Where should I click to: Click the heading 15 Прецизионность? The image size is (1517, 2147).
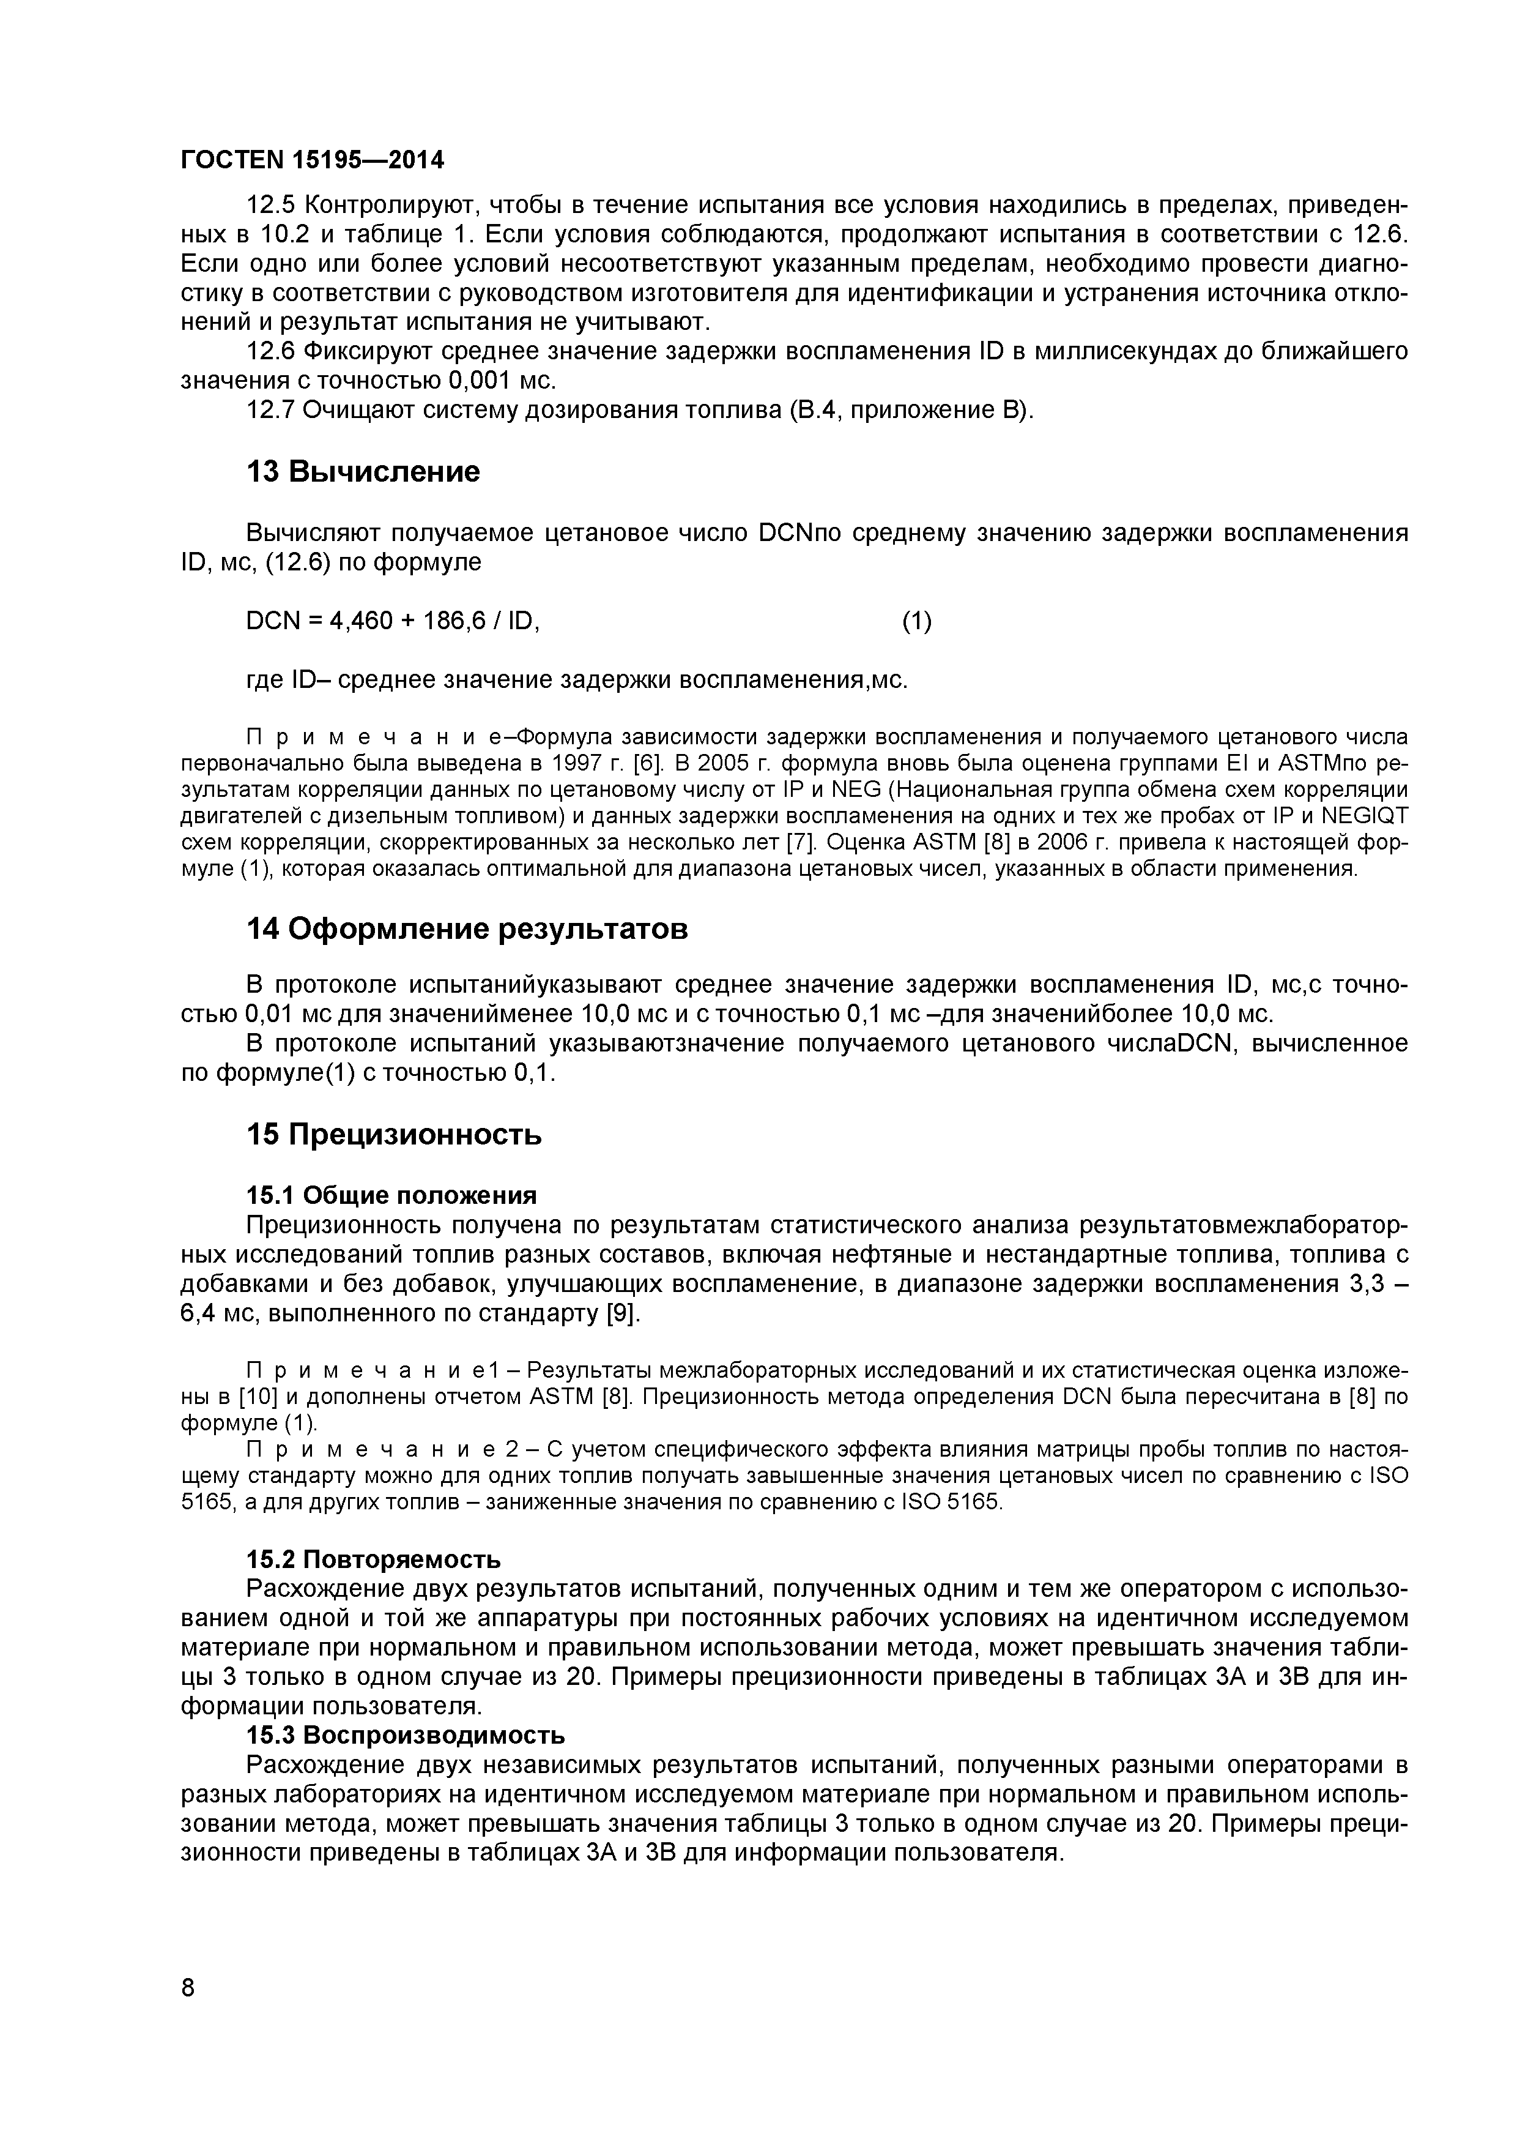(393, 1134)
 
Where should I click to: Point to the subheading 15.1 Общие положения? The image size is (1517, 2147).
(391, 1195)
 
